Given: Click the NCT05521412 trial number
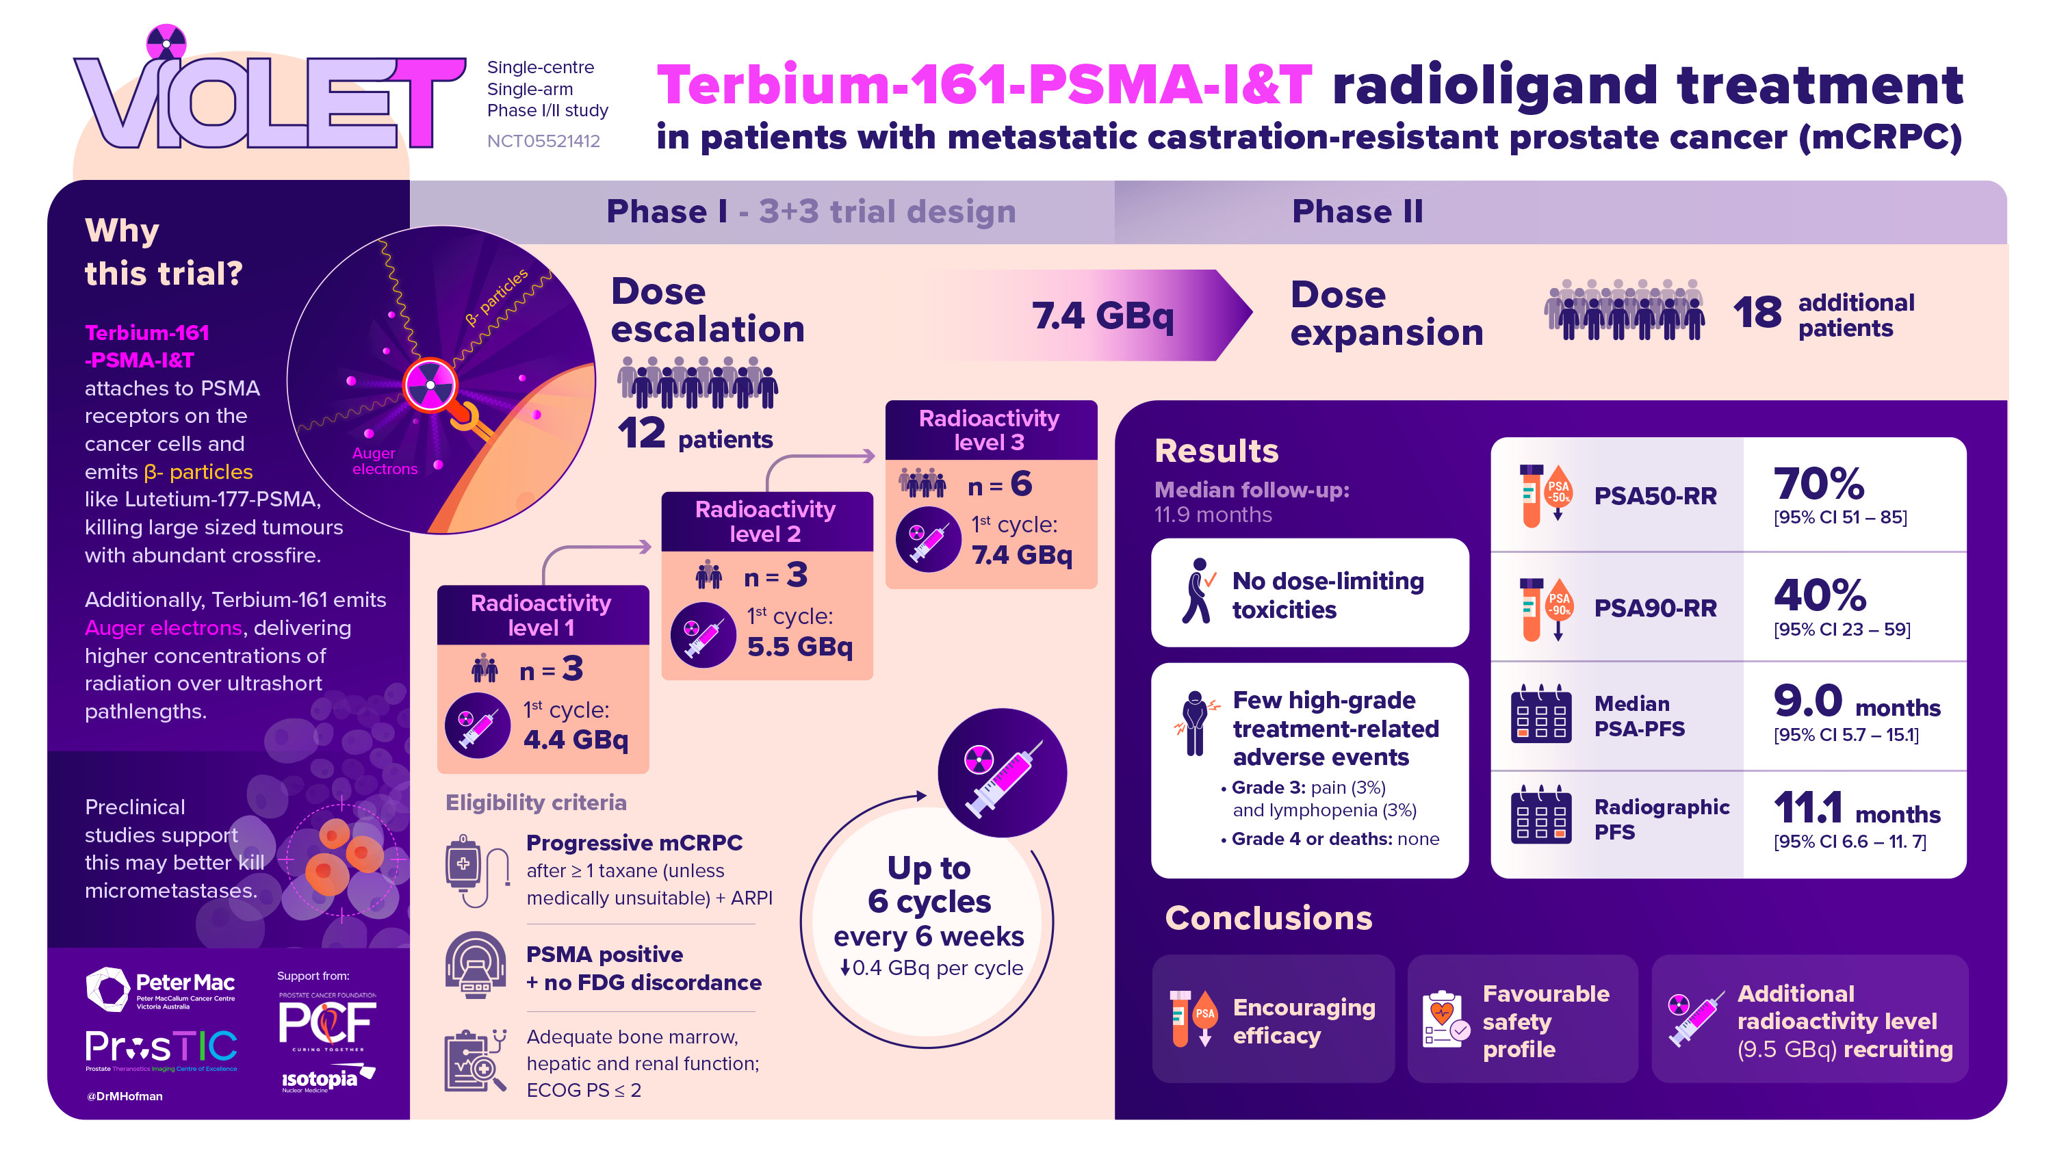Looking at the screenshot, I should pyautogui.click(x=543, y=141).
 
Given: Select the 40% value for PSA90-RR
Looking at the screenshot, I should pyautogui.click(x=1819, y=595).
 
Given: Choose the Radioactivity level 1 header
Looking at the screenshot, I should pyautogui.click(x=541, y=614).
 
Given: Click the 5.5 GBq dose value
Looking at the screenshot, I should pyautogui.click(x=799, y=647).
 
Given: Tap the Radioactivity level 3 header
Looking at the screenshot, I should pyautogui.click(x=989, y=430).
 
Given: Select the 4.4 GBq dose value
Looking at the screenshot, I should pyautogui.click(x=576, y=740).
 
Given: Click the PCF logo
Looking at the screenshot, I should pyautogui.click(x=326, y=1023).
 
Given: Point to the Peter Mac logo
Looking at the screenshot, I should pyautogui.click(x=161, y=989).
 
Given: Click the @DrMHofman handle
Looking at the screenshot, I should pyautogui.click(x=125, y=1096).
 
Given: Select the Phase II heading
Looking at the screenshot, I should pyautogui.click(x=1356, y=211).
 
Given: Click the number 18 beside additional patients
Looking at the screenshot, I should pyautogui.click(x=1757, y=313).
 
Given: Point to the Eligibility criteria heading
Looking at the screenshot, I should pyautogui.click(x=536, y=802).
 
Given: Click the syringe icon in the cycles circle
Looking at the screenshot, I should pyautogui.click(x=1002, y=774).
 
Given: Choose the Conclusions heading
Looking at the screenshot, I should pyautogui.click(x=1268, y=918).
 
